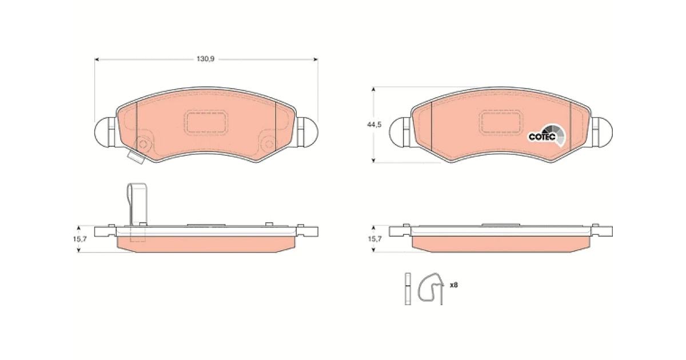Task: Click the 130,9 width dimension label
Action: click(205, 59)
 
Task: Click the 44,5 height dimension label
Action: click(374, 125)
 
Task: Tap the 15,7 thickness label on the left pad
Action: click(80, 239)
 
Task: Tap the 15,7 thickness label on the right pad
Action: click(374, 239)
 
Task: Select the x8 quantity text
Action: click(454, 285)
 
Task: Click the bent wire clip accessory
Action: click(431, 288)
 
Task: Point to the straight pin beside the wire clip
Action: click(408, 289)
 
